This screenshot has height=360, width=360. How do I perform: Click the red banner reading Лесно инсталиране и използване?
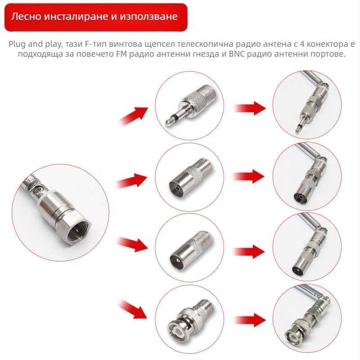96,17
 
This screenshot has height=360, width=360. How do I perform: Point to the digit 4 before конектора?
302,44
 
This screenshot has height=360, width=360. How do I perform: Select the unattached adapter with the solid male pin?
190,250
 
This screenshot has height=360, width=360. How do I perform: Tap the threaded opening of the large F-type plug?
78,231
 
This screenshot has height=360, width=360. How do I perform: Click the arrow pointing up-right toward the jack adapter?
133,116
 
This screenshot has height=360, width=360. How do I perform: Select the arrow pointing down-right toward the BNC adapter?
133,309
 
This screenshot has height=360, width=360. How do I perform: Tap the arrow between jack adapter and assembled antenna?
250,108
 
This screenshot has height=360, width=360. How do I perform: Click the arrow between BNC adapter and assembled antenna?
250,320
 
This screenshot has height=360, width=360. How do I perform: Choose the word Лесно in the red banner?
26,17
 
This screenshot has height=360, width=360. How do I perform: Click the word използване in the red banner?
148,17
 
